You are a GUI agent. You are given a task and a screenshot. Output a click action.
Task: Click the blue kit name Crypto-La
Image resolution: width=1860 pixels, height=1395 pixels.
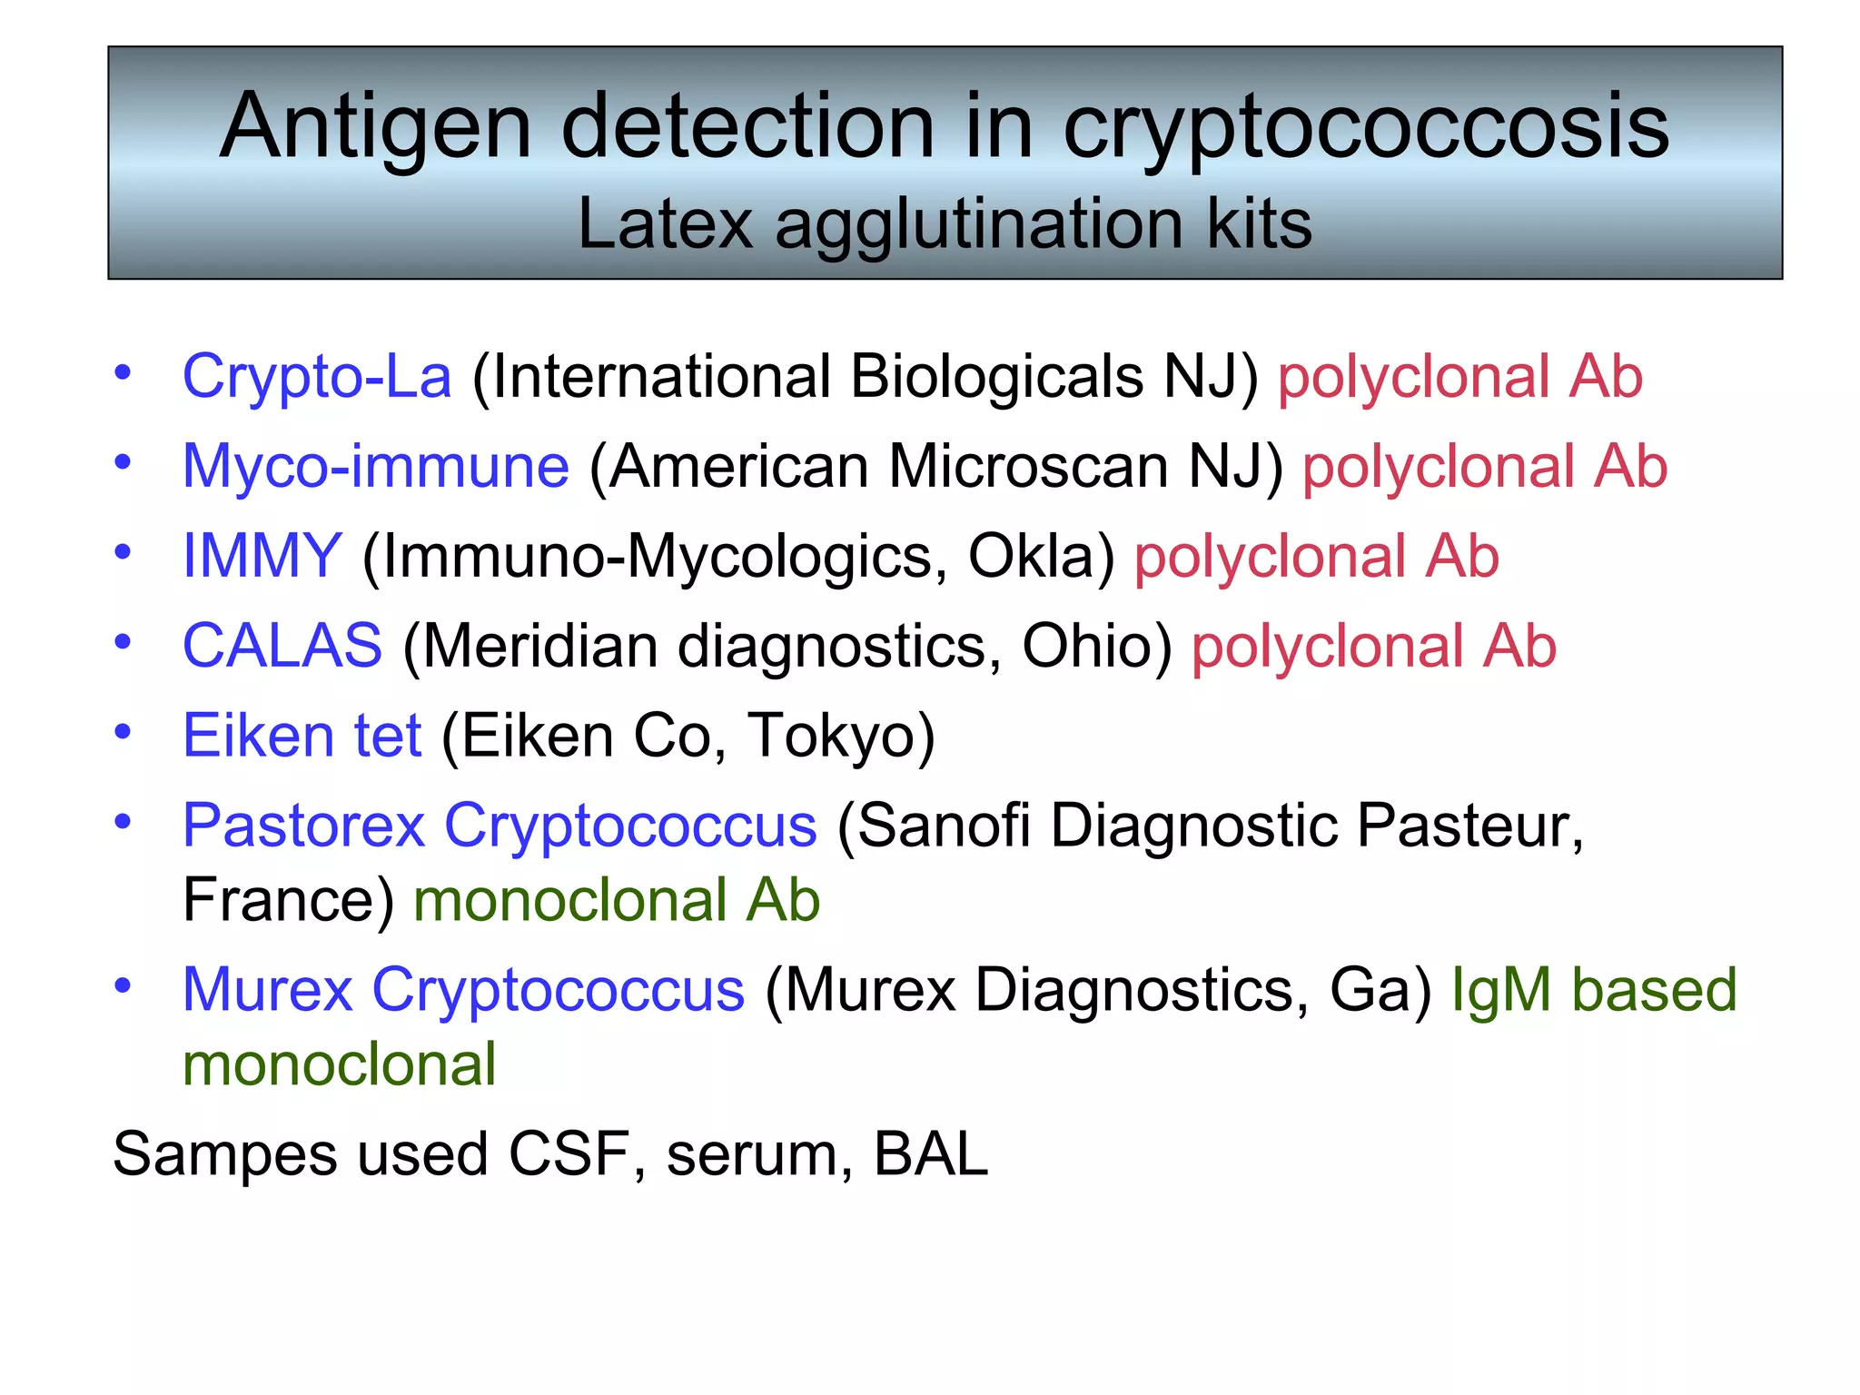pos(317,377)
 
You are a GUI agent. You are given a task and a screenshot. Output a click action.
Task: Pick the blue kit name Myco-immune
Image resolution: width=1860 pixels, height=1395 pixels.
pos(376,467)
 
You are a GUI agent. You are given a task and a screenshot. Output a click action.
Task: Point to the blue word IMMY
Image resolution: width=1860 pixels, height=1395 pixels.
pos(262,556)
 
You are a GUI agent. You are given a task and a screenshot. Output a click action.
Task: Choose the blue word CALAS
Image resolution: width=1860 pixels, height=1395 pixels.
pos(282,646)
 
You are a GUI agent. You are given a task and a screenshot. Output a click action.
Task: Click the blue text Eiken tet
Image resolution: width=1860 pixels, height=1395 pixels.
pos(302,735)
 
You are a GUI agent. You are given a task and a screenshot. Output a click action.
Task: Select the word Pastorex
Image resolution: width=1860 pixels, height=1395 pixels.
pos(303,826)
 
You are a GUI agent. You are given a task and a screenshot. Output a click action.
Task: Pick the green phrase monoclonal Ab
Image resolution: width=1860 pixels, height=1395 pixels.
pos(617,900)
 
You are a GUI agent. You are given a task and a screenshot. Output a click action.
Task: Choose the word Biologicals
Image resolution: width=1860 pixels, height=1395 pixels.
pos(997,377)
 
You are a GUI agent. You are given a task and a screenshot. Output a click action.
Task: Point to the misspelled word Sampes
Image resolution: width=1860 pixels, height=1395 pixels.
pos(224,1155)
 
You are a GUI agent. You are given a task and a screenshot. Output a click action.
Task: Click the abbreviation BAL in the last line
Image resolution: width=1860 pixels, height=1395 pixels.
pos(931,1154)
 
